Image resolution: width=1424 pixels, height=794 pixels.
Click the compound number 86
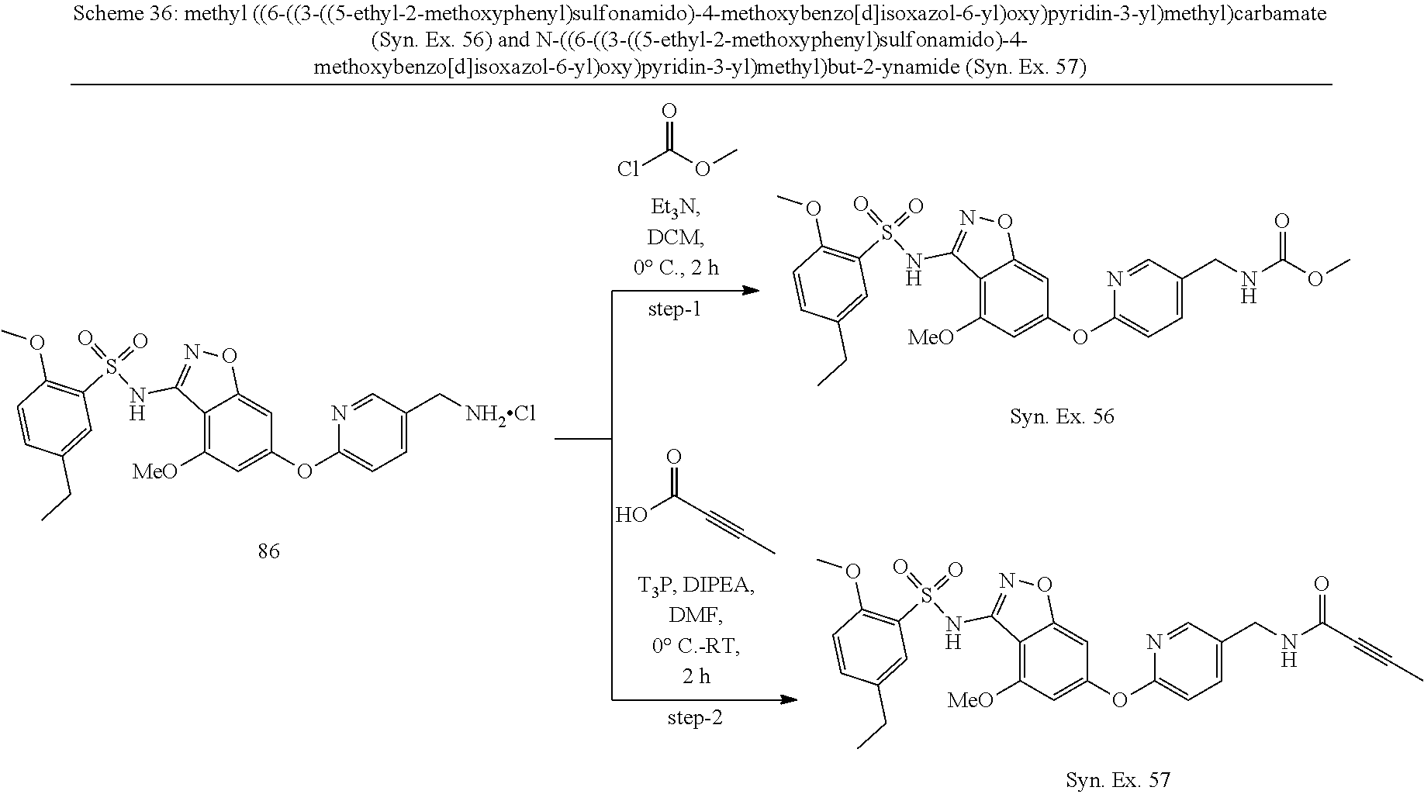(x=268, y=552)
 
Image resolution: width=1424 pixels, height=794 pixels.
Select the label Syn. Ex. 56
(x=1062, y=417)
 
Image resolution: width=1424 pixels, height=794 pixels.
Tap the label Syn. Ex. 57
(x=1118, y=780)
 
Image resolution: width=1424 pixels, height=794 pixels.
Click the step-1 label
(x=674, y=310)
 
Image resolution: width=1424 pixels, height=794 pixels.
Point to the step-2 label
(x=695, y=718)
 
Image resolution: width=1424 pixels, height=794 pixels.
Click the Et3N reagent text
(x=673, y=209)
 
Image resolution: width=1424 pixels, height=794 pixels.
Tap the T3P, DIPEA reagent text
(x=696, y=586)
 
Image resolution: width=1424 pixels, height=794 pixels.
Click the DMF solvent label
(x=696, y=616)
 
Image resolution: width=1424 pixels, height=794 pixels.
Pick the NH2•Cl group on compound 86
(x=500, y=415)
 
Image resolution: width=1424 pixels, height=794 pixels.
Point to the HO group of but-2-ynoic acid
(x=631, y=514)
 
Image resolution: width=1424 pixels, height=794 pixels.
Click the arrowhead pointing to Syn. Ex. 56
(x=750, y=291)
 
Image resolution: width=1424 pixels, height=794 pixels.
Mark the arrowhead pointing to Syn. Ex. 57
(x=789, y=699)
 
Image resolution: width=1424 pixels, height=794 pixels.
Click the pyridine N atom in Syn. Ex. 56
(x=1116, y=279)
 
